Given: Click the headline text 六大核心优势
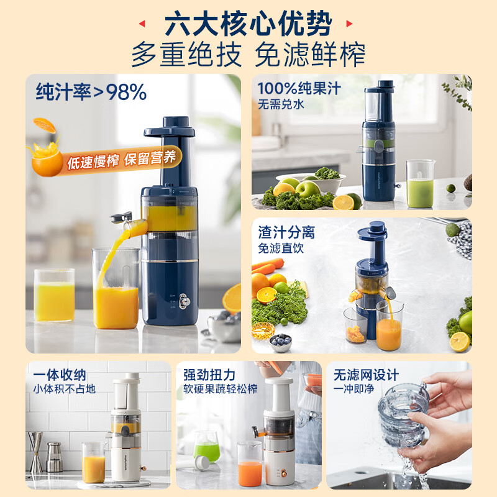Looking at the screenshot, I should click(248, 25).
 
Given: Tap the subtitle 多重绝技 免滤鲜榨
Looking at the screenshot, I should click(248, 55).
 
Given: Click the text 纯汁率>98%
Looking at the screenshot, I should click(91, 92).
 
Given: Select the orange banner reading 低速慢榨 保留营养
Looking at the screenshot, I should click(122, 160).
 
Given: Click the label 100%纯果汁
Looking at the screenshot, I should click(299, 89).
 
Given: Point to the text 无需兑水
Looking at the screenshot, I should click(281, 104).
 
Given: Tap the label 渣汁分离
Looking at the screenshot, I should click(286, 232).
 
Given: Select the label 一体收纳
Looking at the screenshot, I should click(60, 375).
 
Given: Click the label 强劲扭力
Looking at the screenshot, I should click(209, 375).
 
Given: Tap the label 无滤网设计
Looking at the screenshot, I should click(366, 375).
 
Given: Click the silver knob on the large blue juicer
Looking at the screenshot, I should click(185, 301).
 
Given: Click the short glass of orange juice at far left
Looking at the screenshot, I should click(54, 296).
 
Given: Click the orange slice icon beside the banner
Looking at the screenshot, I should click(45, 155).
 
